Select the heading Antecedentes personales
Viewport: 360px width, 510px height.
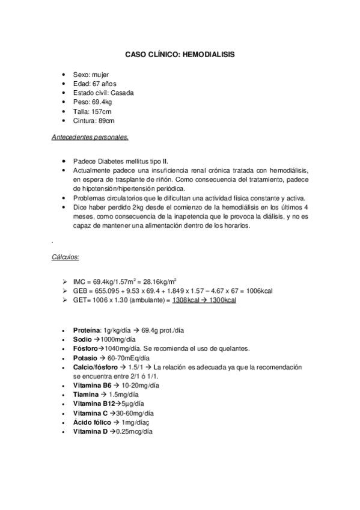tap(90, 137)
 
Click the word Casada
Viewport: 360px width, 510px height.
tap(123, 93)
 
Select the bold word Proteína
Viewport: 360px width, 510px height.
tap(87, 331)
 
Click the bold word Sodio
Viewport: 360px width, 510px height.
tap(82, 340)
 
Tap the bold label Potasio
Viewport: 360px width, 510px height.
tap(85, 358)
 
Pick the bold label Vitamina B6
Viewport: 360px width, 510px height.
tap(93, 385)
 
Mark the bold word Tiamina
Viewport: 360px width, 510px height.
tap(86, 395)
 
